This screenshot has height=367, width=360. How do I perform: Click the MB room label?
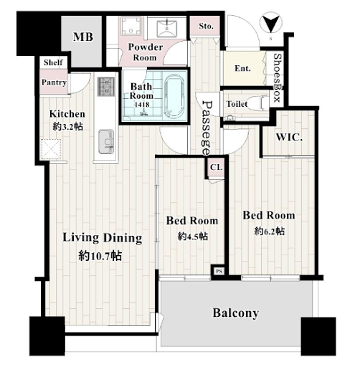click(83, 37)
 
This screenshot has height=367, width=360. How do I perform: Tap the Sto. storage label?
click(206, 26)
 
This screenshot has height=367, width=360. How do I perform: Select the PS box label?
click(219, 272)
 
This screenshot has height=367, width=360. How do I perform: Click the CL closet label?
click(217, 167)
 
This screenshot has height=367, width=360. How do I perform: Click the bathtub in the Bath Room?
click(175, 96)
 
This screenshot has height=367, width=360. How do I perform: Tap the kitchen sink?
click(106, 142)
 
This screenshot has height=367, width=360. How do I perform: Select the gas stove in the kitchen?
click(106, 87)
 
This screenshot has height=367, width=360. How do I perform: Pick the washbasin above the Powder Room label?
click(167, 29)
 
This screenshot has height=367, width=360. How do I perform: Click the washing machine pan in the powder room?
click(131, 25)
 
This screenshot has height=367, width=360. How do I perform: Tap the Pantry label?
click(54, 82)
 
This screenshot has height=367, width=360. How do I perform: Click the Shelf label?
click(53, 62)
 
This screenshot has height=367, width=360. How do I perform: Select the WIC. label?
click(289, 138)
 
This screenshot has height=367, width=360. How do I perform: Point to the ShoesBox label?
click(278, 77)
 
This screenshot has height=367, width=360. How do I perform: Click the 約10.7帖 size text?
click(100, 256)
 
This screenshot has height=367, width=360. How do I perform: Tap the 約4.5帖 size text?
click(192, 237)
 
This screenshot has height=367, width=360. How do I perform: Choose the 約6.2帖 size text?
click(270, 231)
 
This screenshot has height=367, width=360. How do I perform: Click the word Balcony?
click(236, 313)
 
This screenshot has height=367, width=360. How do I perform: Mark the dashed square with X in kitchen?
click(51, 149)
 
